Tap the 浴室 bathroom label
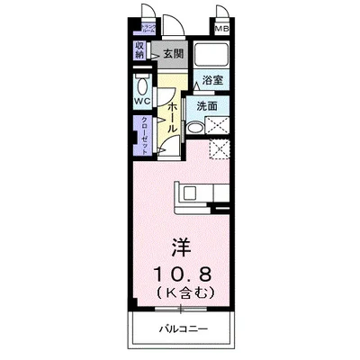pos(212,80)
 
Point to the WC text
pos(141,101)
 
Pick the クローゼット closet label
pos(141,137)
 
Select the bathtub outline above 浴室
pos(213,54)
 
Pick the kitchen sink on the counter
pos(192,192)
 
